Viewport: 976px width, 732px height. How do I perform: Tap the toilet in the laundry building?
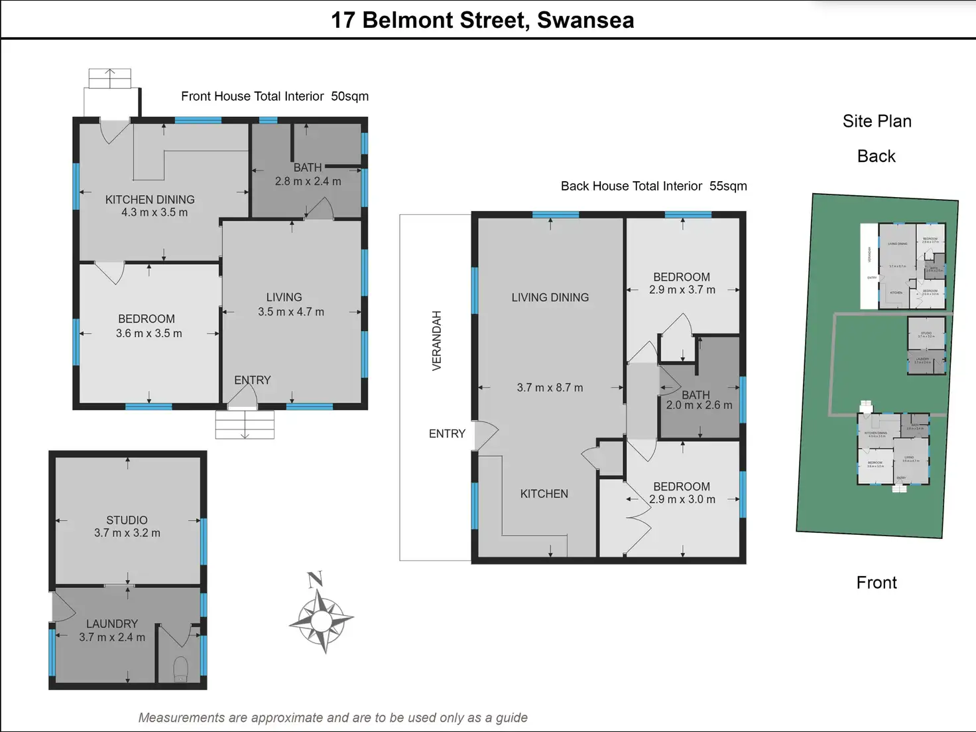tap(180, 669)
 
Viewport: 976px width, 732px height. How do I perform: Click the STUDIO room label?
tap(127, 520)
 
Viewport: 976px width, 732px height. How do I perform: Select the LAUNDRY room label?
tap(112, 624)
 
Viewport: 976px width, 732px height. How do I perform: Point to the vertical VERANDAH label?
tap(436, 340)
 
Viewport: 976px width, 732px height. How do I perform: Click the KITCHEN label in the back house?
tap(544, 494)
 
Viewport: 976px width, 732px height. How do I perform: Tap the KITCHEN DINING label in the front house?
tap(150, 200)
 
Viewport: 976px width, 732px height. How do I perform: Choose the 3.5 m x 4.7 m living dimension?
tap(291, 312)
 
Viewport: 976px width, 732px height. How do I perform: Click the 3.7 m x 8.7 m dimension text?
tap(550, 388)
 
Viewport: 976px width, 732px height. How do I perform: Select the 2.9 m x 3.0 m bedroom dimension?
tap(682, 499)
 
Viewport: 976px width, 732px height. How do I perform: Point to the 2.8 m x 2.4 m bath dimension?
tap(308, 181)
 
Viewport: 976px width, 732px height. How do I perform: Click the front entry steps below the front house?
tap(245, 424)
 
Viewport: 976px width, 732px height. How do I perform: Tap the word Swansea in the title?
tap(585, 20)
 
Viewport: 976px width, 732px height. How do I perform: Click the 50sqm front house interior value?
tap(349, 96)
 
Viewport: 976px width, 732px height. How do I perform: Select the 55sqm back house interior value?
tap(728, 186)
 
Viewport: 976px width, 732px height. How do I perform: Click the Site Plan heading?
tap(877, 121)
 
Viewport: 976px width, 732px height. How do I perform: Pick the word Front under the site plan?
tap(876, 583)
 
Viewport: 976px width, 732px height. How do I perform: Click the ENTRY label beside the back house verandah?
tap(447, 434)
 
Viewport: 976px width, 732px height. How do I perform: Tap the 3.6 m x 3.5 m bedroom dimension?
tap(149, 333)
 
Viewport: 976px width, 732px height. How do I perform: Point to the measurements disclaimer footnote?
tap(333, 717)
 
